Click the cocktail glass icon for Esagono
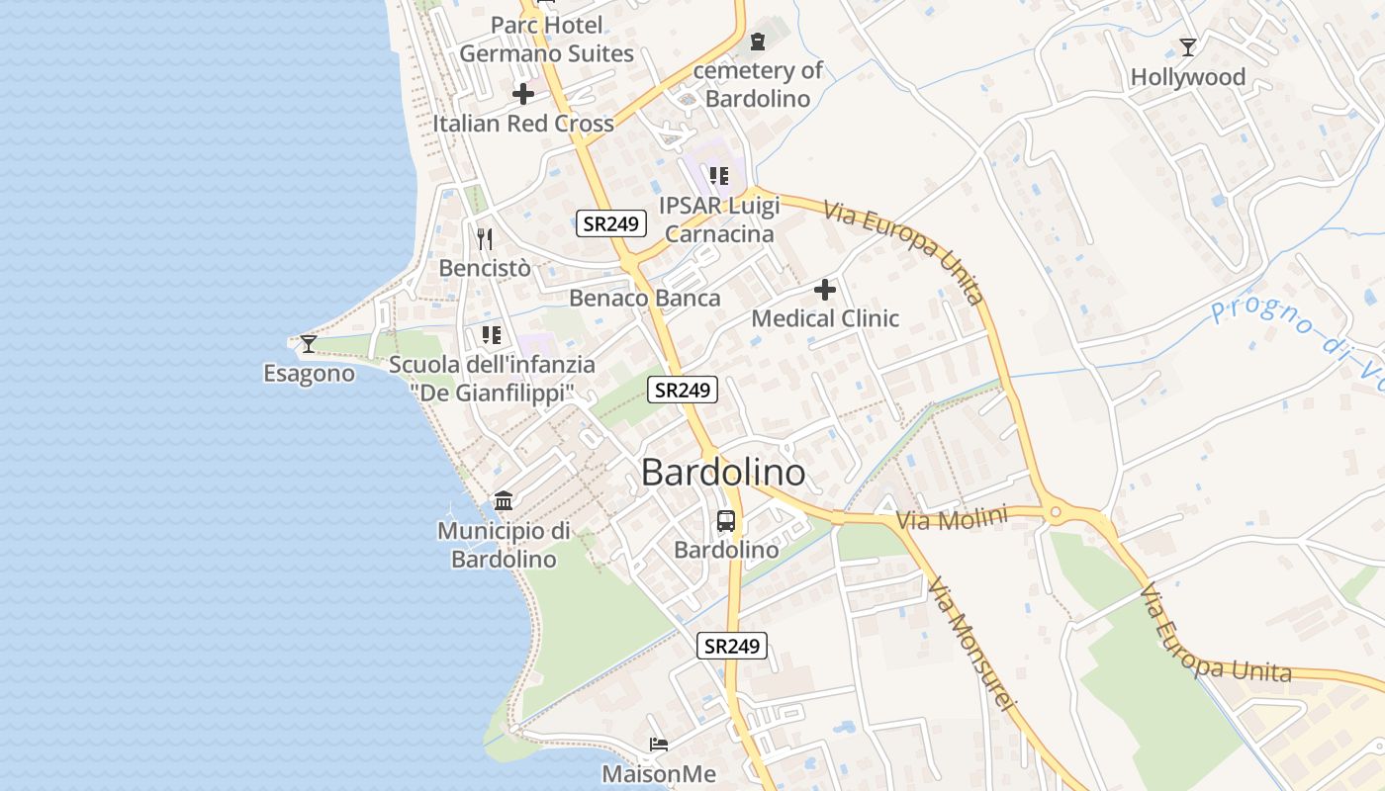pyautogui.click(x=309, y=343)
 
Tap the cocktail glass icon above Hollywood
pyautogui.click(x=1188, y=46)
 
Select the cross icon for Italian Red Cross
pyautogui.click(x=523, y=95)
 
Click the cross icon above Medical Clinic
pyautogui.click(x=825, y=290)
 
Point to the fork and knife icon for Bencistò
pyautogui.click(x=485, y=238)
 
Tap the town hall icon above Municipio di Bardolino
pyautogui.click(x=504, y=500)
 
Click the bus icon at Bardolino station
pyautogui.click(x=726, y=520)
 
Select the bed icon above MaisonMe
pyautogui.click(x=659, y=744)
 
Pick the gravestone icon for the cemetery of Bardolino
pyautogui.click(x=758, y=42)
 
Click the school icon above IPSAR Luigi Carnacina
pyautogui.click(x=719, y=176)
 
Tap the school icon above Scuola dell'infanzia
pyautogui.click(x=492, y=335)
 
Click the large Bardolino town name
pyautogui.click(x=723, y=473)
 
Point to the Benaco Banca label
pyautogui.click(x=645, y=298)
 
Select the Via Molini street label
pyautogui.click(x=952, y=519)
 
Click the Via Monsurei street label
pyautogui.click(x=971, y=643)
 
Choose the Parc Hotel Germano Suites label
pyautogui.click(x=546, y=40)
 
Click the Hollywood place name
pyautogui.click(x=1188, y=77)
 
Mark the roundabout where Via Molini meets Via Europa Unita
pyautogui.click(x=1056, y=512)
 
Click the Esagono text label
pyautogui.click(x=309, y=374)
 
